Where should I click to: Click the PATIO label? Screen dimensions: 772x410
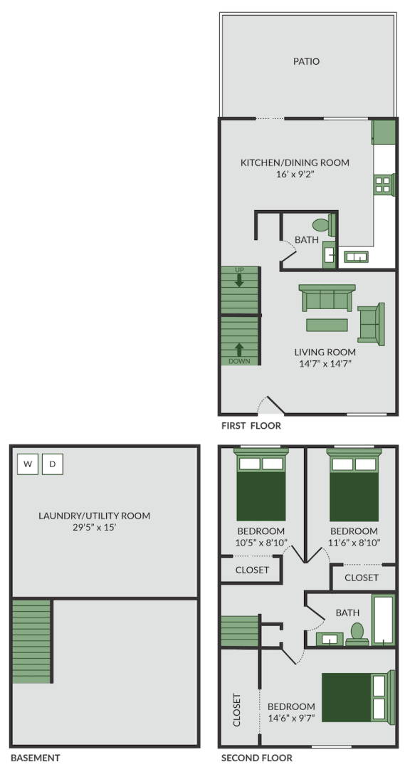click(x=306, y=62)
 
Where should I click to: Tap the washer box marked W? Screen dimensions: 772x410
click(x=28, y=464)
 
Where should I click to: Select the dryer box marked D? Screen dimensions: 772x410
click(x=53, y=464)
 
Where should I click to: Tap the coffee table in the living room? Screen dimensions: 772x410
click(x=327, y=325)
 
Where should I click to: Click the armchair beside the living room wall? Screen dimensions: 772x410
click(x=371, y=324)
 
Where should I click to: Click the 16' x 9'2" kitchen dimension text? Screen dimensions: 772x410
click(x=295, y=174)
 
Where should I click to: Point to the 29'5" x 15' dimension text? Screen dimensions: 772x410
click(x=94, y=528)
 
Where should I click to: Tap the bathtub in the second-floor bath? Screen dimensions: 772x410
click(x=383, y=620)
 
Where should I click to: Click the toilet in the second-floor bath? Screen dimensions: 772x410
click(x=357, y=632)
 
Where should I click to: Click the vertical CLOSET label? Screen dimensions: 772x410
click(x=237, y=710)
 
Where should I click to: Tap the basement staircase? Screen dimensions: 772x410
click(x=31, y=642)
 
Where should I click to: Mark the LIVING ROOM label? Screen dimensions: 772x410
click(x=325, y=352)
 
